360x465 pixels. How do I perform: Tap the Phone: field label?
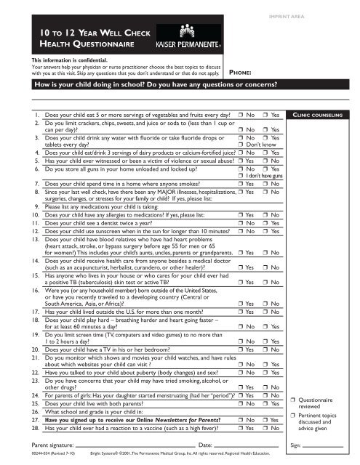[241, 73]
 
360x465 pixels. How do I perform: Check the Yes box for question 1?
[265, 115]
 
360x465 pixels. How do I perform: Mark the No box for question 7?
[265, 185]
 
